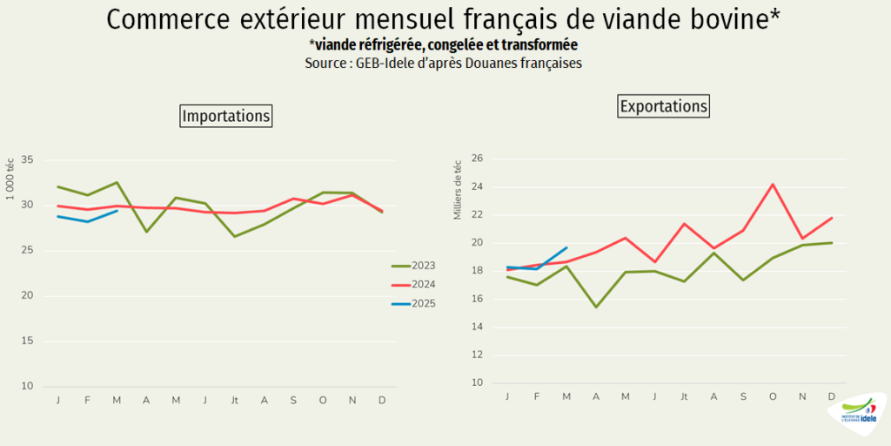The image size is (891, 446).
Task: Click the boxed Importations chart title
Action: pos(226,116)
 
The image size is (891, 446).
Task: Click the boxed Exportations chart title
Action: pos(664,106)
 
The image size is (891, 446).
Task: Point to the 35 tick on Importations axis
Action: pos(27,160)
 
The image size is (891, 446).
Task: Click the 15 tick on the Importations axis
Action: pos(27,341)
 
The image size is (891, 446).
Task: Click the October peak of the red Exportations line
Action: pos(773,184)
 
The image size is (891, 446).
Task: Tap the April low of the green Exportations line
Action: pos(596,307)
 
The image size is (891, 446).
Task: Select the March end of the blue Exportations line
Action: pos(566,247)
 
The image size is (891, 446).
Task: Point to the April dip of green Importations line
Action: pos(146,232)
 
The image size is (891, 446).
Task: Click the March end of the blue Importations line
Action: pos(117,211)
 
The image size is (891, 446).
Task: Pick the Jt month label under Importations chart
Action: pos(234,400)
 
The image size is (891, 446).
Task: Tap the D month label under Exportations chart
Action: pos(832,396)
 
